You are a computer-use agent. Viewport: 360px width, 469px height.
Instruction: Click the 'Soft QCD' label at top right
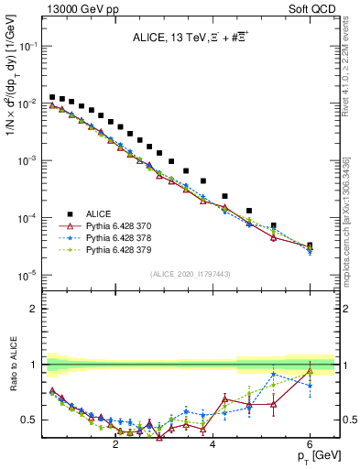click(313, 7)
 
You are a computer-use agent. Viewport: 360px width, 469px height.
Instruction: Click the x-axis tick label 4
click(213, 445)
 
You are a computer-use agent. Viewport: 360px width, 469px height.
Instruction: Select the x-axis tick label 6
click(310, 445)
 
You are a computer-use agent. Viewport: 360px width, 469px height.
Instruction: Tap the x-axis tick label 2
click(115, 445)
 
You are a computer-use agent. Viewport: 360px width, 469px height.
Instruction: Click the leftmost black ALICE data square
click(52, 96)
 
